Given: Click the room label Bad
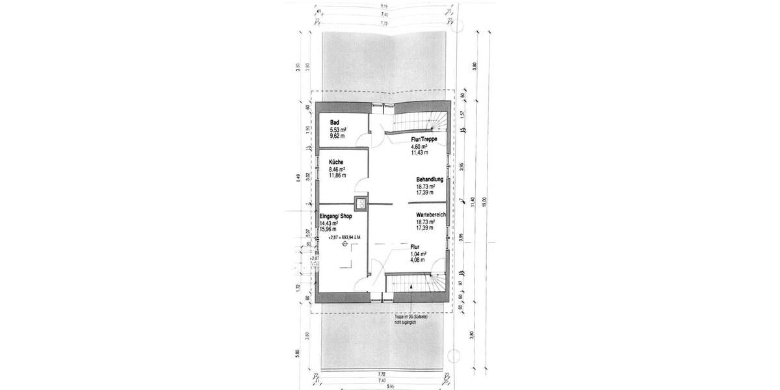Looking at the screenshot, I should click(335, 123).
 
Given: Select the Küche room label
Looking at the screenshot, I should click(337, 162).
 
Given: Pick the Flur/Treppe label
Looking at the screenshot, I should click(423, 140).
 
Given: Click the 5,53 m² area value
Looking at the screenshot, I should click(338, 130).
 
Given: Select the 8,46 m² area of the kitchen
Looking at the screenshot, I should click(337, 169).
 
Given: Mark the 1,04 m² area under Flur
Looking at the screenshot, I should click(418, 253).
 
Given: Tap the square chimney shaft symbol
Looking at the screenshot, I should click(359, 202).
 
